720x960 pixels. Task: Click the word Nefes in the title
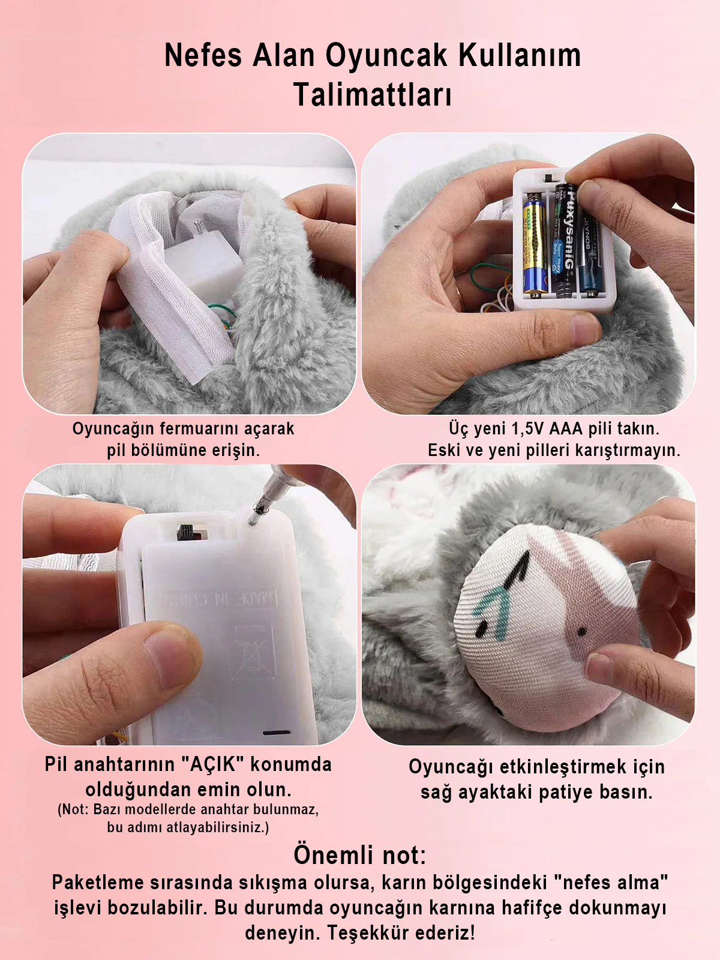[203, 56]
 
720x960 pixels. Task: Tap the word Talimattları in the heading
[373, 94]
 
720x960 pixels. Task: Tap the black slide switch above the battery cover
[186, 532]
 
